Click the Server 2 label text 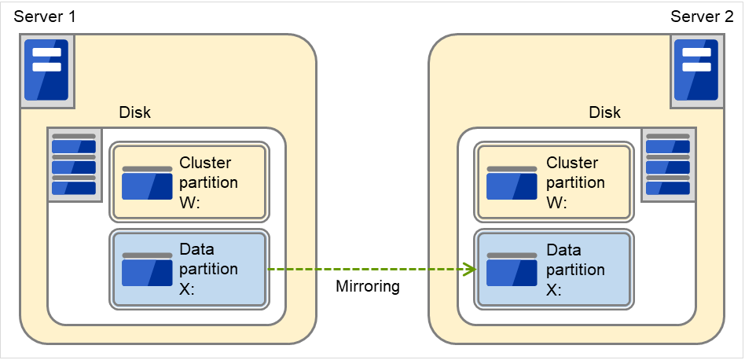coord(701,17)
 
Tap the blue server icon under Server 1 coord(46,71)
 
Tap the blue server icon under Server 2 coord(696,71)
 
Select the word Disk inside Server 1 coord(134,112)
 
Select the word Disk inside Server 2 coord(604,112)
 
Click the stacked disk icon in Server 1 coord(74,164)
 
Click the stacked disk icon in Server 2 coord(668,164)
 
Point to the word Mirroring coord(368,286)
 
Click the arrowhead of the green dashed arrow coord(472,270)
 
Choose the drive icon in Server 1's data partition coord(147,270)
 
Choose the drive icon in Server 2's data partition coord(512,270)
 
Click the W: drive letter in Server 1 coord(190,202)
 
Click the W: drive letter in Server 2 coord(556,202)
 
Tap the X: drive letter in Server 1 coord(189,288)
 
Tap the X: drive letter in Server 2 coord(555,288)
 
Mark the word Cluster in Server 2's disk coord(572,163)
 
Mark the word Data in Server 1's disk coord(197,249)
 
